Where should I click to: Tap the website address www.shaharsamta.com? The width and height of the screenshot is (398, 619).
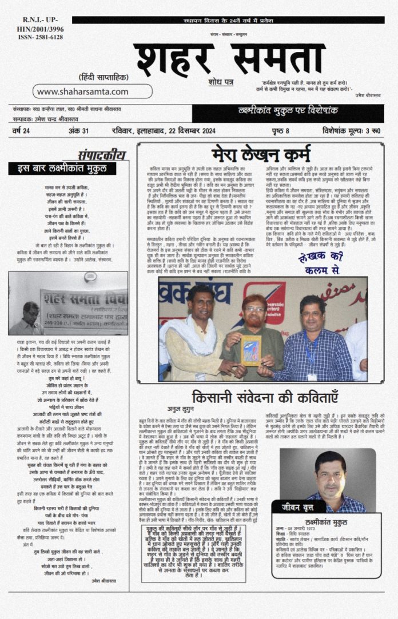tap(83, 91)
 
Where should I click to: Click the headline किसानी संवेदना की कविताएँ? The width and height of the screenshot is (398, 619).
tap(265, 397)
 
